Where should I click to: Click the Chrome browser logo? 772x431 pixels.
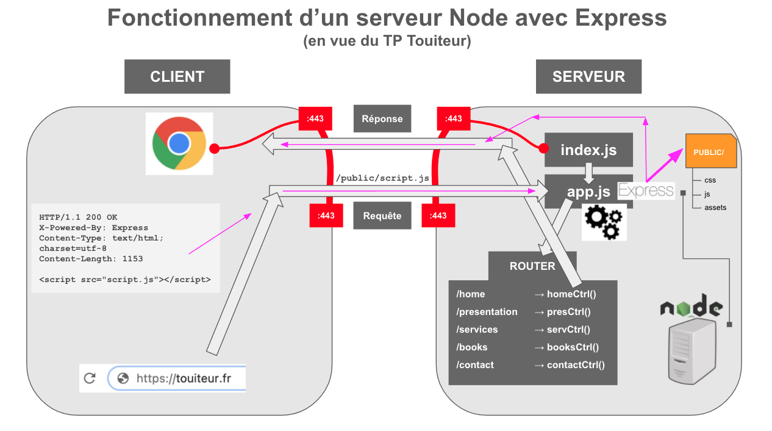tap(179, 143)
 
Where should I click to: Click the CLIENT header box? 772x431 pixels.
tap(177, 76)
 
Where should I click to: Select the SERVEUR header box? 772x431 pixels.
tap(588, 76)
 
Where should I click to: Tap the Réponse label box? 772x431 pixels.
tap(382, 118)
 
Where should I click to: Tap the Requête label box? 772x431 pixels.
tap(382, 215)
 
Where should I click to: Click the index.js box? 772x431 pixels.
tap(588, 150)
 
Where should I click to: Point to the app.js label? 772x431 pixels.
tap(588, 192)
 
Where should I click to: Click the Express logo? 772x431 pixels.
tap(646, 190)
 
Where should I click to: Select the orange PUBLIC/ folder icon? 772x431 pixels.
tap(710, 151)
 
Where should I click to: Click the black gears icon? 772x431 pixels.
tap(604, 222)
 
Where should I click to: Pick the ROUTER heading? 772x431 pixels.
tap(532, 266)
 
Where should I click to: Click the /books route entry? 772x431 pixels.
tap(472, 347)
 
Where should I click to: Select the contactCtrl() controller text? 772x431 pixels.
tap(576, 365)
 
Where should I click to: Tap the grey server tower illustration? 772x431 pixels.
tap(692, 352)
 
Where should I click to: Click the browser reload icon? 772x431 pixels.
tap(90, 378)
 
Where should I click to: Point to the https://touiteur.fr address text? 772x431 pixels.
tap(184, 378)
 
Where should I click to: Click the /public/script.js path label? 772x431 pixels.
tap(382, 178)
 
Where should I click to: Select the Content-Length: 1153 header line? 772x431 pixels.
tap(91, 259)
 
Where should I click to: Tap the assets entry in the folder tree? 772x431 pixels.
tap(715, 208)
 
